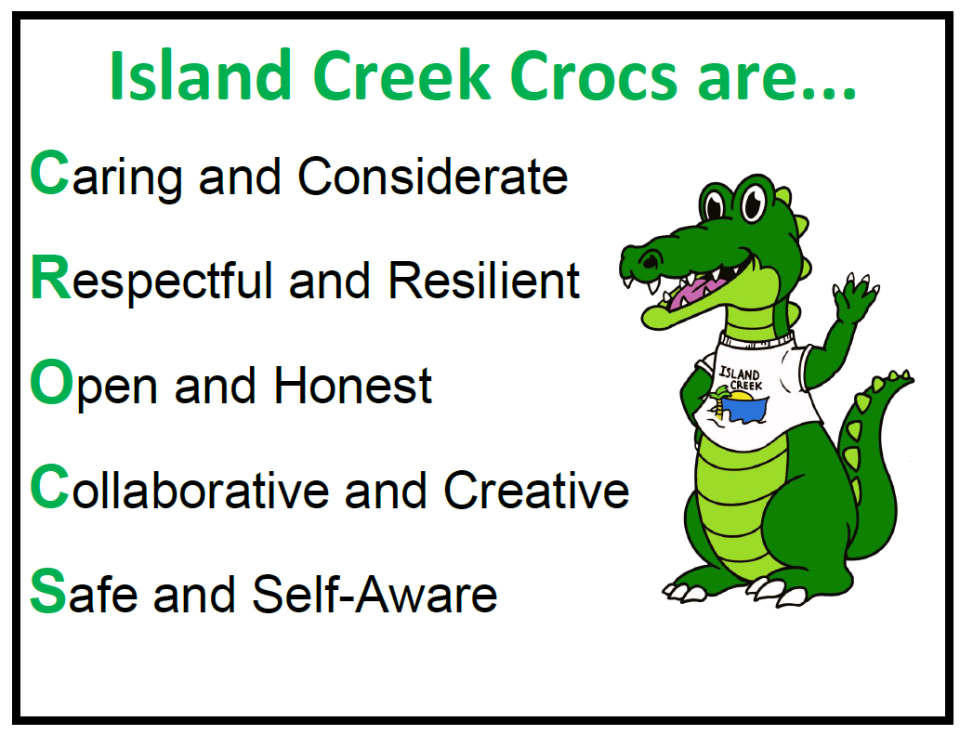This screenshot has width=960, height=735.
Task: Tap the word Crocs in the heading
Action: [x=585, y=78]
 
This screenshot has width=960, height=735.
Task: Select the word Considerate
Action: [x=433, y=176]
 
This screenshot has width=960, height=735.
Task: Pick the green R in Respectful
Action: [x=50, y=278]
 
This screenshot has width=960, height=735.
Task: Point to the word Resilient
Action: [x=484, y=280]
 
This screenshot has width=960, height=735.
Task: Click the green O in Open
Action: [x=50, y=384]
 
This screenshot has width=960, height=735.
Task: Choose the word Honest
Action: [x=354, y=385]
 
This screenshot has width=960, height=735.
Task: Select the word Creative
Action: [x=536, y=490]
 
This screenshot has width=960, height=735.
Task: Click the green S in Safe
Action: [x=47, y=593]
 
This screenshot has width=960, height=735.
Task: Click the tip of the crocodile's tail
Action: [x=905, y=378]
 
